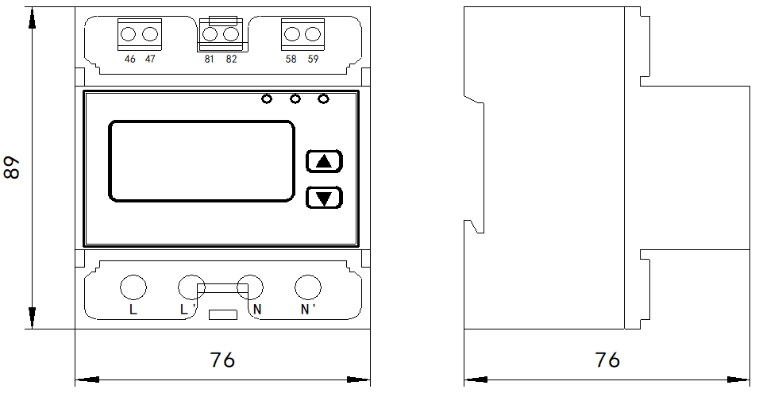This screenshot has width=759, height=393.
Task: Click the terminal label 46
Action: [x=129, y=59]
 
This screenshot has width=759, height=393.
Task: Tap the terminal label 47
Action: [x=150, y=59]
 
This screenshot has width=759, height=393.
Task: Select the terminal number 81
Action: [x=210, y=59]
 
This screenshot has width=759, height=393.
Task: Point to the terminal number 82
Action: [x=231, y=59]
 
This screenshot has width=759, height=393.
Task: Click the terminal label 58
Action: [x=291, y=59]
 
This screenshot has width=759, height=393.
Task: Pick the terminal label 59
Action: [x=313, y=59]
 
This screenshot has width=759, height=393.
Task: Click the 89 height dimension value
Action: [x=12, y=168]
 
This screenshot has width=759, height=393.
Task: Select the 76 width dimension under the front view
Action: [x=223, y=360]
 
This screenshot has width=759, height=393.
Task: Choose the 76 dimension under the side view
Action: [x=607, y=360]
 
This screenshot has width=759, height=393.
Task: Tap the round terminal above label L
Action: [x=133, y=287]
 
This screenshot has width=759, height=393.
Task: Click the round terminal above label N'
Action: [x=308, y=287]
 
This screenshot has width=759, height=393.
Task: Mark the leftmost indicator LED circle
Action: [x=267, y=99]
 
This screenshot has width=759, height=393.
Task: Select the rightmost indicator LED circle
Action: [x=323, y=99]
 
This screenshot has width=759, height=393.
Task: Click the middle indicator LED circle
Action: [x=295, y=99]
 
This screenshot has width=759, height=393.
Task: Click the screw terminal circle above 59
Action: [x=313, y=34]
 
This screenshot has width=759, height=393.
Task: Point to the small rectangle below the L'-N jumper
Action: [x=223, y=314]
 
